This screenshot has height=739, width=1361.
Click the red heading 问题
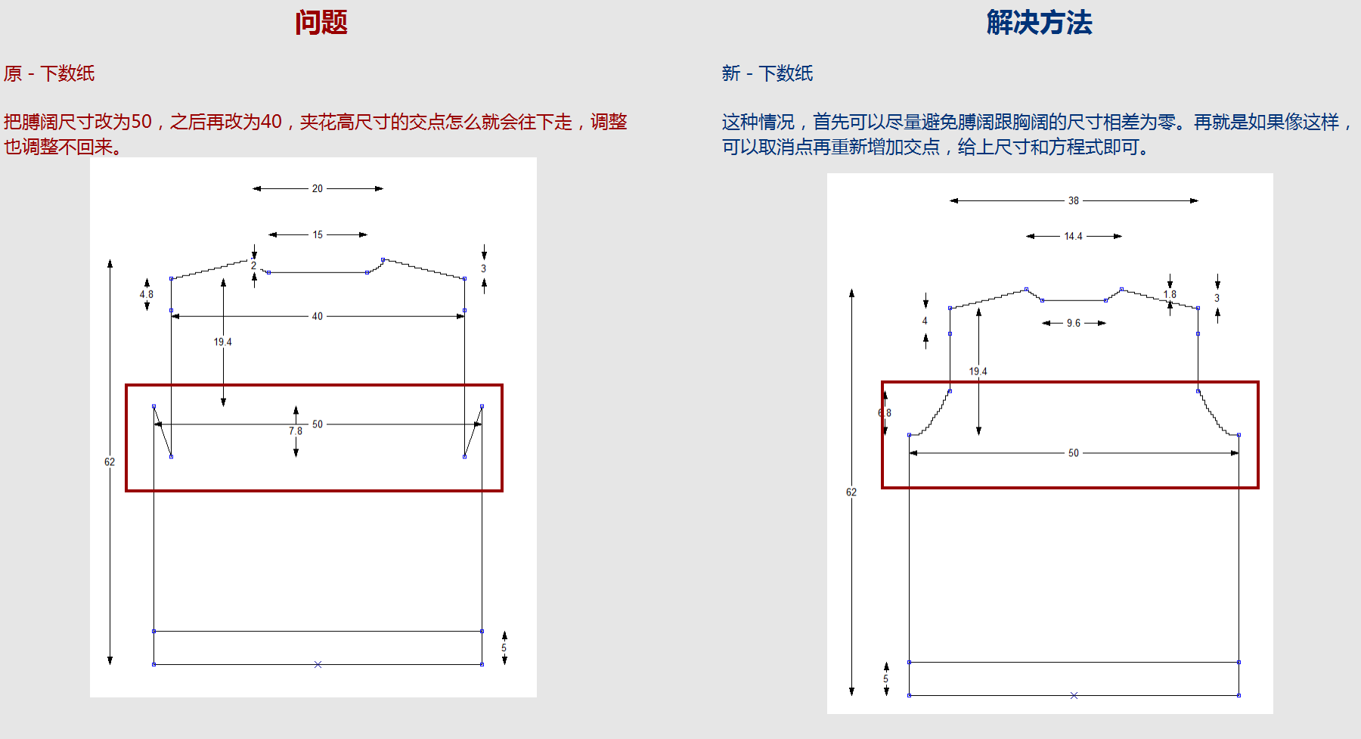click(x=321, y=23)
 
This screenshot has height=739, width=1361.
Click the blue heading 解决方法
click(x=1039, y=23)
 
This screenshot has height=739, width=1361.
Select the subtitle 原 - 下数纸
click(x=49, y=73)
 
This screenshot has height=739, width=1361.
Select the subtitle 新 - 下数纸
click(x=767, y=73)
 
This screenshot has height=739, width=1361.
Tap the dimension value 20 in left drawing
click(x=318, y=188)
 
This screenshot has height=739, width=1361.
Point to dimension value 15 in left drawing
click(x=318, y=234)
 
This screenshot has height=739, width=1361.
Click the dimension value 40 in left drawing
click(x=318, y=316)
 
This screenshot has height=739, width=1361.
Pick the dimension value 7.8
click(x=295, y=431)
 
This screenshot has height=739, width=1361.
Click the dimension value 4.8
click(x=146, y=294)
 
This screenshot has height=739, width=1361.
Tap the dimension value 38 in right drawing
click(x=1074, y=200)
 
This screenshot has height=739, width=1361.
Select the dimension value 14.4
click(x=1073, y=236)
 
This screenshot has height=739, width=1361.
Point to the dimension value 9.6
click(x=1074, y=323)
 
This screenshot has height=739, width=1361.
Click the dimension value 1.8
click(x=1170, y=294)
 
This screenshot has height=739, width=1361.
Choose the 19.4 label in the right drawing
click(x=978, y=371)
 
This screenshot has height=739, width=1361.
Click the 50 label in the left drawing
click(x=318, y=424)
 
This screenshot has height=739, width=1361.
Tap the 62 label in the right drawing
click(x=851, y=492)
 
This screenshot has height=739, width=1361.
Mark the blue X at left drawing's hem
click(x=318, y=664)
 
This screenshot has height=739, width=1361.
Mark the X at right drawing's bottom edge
click(x=1074, y=695)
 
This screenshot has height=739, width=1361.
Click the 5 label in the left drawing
click(x=504, y=648)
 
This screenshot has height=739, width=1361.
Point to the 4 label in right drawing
click(x=925, y=321)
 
